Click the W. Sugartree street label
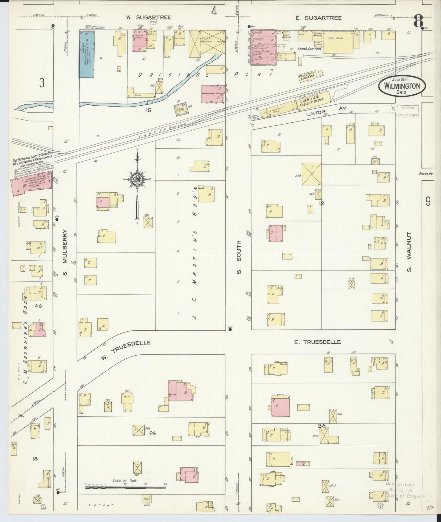tap(149, 17)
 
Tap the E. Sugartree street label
tap(318, 18)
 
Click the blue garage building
tap(87, 54)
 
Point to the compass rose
tap(137, 179)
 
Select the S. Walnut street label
tap(409, 252)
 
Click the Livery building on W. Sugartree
tap(207, 44)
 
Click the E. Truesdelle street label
tap(317, 342)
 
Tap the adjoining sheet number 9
tap(428, 201)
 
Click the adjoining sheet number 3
tap(42, 83)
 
